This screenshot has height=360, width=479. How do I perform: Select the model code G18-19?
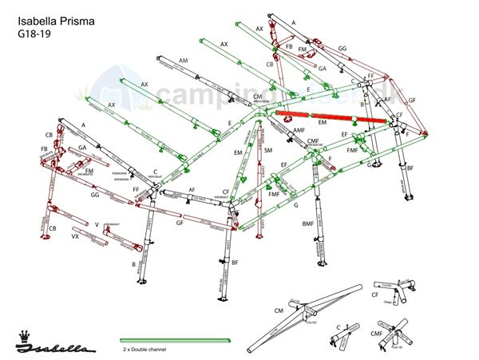coord(33,34)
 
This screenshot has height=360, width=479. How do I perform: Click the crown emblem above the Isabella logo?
coord(23,334)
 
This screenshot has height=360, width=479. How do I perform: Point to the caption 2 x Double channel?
coord(148,350)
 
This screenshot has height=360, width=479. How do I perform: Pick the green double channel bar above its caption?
coord(175,341)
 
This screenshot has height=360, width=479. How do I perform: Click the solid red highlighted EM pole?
coord(331,117)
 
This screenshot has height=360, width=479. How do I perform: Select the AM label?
coord(184,61)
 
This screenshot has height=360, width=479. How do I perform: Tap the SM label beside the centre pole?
coord(268,150)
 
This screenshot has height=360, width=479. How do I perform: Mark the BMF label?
coord(307,224)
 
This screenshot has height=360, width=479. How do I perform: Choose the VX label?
coord(75,237)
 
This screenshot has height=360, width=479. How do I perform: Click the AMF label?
coord(299,130)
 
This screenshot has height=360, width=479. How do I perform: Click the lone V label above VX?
coord(97,224)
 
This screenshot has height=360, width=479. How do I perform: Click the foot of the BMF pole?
coord(323,263)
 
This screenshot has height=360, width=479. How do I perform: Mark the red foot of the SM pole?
coord(259,234)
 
